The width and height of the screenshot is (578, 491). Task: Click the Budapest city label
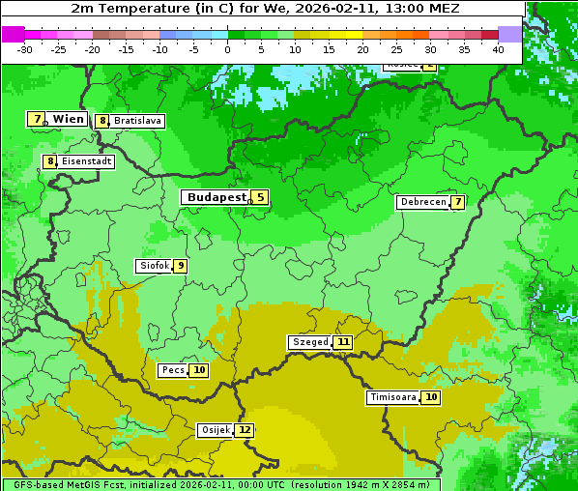216,197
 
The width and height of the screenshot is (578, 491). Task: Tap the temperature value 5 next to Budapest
260,197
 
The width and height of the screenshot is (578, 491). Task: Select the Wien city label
68,119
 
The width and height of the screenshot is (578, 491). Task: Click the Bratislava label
137,121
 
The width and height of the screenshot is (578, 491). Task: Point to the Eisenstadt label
87,161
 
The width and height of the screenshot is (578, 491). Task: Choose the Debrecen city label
421,202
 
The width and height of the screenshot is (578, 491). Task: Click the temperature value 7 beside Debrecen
457,202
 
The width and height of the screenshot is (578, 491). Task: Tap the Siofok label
154,266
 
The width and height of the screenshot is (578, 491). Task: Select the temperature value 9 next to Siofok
180,266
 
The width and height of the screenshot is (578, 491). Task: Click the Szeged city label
309,342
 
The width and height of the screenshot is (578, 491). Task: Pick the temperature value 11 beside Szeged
343,342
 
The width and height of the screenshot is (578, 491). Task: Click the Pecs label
173,370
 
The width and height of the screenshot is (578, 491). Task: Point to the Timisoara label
392,397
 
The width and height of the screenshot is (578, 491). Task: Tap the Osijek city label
215,430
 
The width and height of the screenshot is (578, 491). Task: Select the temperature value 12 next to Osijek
245,430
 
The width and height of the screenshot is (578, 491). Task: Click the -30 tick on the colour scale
25,49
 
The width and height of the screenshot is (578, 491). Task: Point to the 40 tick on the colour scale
498,49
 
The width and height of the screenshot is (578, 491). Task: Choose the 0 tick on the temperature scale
227,49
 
